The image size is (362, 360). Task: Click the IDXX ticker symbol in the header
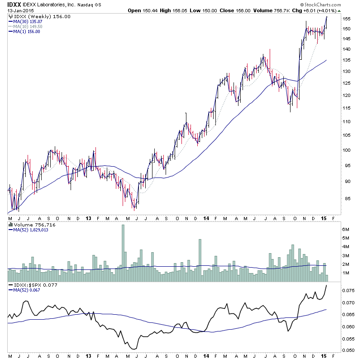tap(13, 5)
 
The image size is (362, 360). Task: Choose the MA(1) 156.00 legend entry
tap(25, 31)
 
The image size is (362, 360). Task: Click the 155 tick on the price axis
tap(347, 19)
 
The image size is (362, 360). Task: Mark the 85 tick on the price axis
tap(345, 198)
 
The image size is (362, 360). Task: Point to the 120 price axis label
tap(347, 96)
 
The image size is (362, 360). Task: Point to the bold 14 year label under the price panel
tap(206, 218)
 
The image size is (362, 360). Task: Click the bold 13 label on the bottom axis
tap(89, 218)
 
